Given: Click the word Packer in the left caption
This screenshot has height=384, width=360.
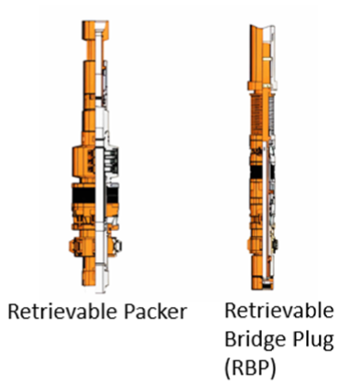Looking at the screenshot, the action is [x=155, y=312].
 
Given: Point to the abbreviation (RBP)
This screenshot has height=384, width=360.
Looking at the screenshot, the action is [x=250, y=368].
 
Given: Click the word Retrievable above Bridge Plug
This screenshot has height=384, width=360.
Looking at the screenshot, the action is [x=279, y=312].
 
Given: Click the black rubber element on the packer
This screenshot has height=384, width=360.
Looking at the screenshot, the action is [x=95, y=195].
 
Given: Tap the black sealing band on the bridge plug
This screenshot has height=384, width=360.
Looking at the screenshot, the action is [x=262, y=172].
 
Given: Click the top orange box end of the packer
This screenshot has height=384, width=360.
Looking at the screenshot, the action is [x=95, y=29].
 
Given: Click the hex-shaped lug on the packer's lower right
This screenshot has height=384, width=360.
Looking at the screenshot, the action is [x=117, y=246].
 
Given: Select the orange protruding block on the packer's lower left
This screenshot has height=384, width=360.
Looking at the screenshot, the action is [x=74, y=246].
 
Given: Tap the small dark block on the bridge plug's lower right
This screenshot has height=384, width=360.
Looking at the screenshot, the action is [x=275, y=245].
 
